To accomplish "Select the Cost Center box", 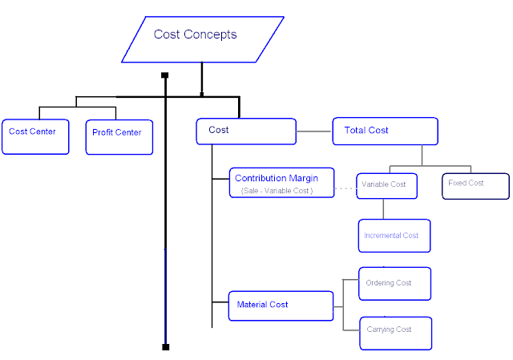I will coord(35,136).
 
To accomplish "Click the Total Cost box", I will coord(385,131).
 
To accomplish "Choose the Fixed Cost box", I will coord(475,184).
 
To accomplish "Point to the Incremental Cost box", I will coord(394,236).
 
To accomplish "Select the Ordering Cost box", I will coord(394,284).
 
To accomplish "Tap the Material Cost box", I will coord(280,305).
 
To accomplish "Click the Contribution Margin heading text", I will coord(277,178).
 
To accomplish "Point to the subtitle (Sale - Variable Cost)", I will coord(276,192).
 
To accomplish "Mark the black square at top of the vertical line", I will coord(165,76).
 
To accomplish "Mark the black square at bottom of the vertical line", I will coord(165,347).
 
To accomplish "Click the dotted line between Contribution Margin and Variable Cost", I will coord(345,189).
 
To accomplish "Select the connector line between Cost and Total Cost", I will coord(314,131).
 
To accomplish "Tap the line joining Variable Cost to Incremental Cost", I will coord(383,208).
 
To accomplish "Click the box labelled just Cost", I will coord(245,131).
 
